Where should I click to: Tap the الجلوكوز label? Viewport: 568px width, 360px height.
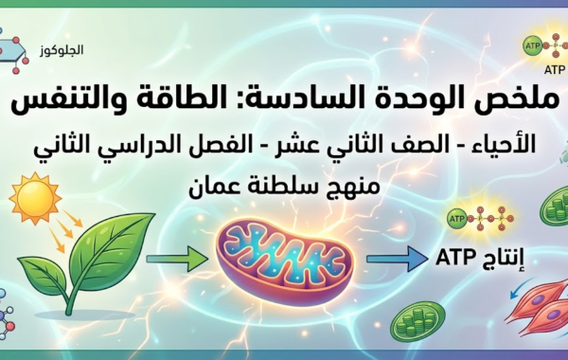click(65, 46)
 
